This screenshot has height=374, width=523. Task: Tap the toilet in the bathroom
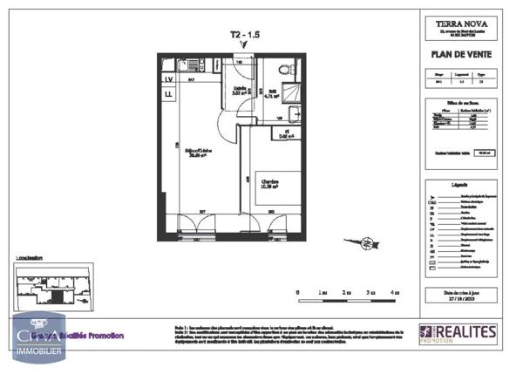tap(284, 69)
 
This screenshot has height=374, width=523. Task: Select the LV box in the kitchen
tap(167, 80)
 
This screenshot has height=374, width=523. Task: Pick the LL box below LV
tap(167, 94)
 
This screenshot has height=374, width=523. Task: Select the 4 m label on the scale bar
tap(395, 292)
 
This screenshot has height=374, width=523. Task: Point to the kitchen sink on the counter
tap(194, 65)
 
